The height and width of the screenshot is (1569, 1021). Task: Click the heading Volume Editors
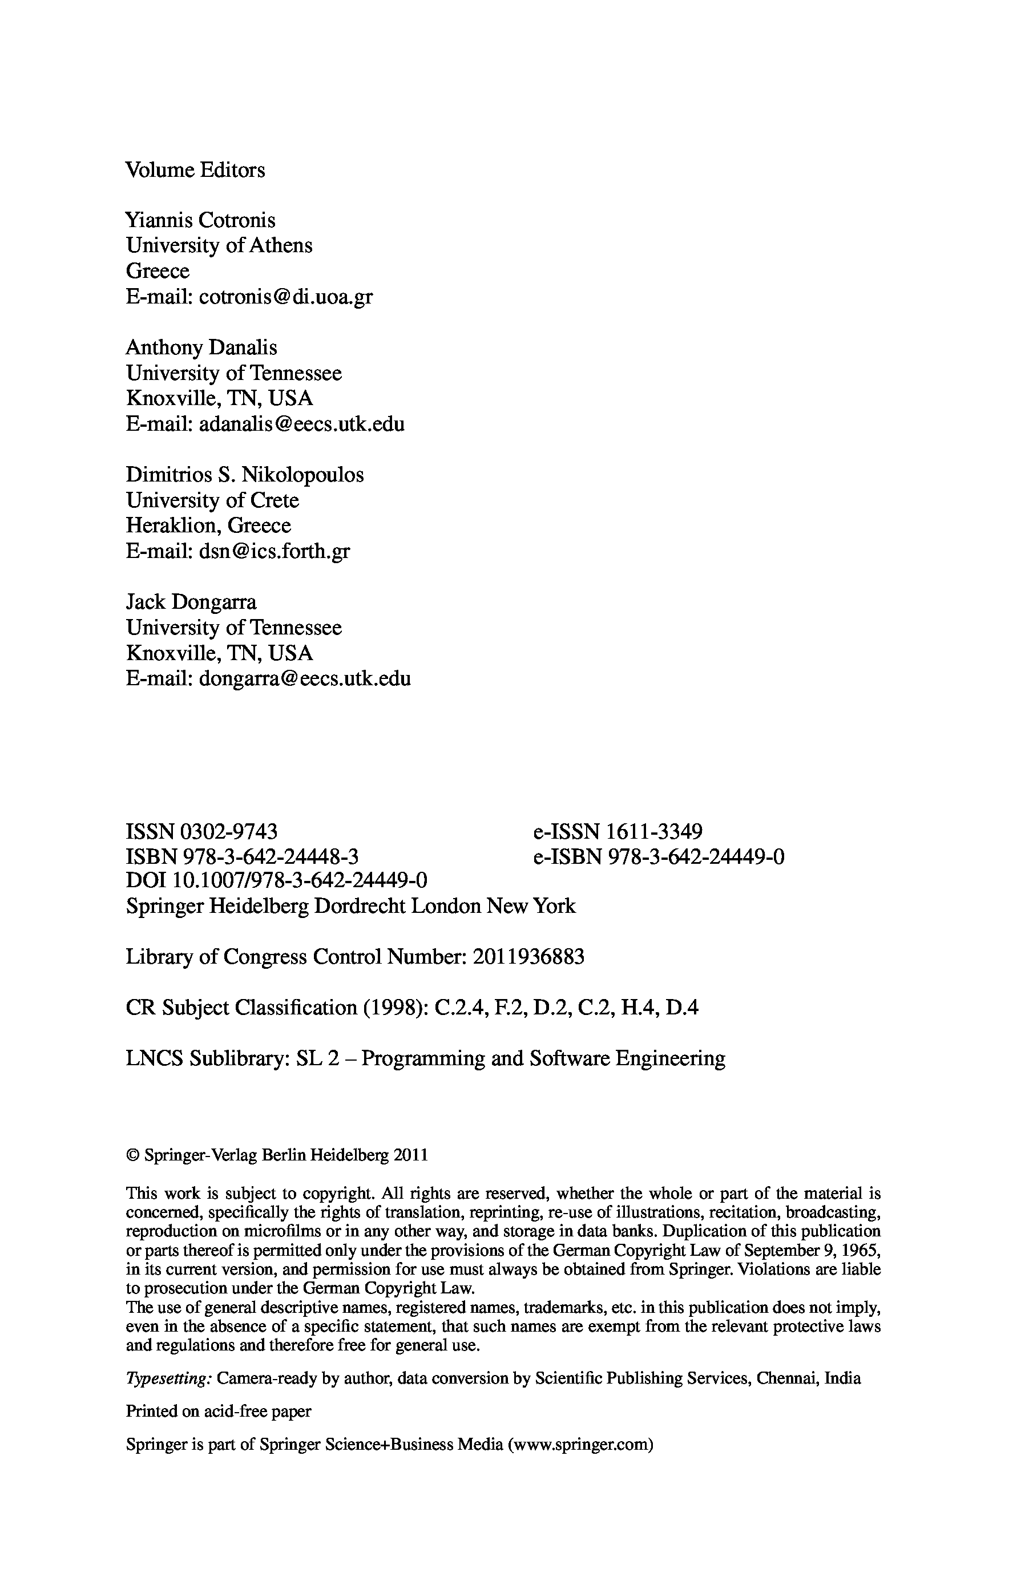click(195, 170)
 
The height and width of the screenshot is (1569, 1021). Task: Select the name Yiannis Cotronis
click(200, 220)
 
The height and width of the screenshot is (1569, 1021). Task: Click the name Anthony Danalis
click(201, 347)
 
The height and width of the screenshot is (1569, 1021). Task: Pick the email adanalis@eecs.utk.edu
click(301, 424)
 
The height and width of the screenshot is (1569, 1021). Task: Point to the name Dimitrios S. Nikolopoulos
click(245, 475)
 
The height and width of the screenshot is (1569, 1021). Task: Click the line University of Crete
click(212, 500)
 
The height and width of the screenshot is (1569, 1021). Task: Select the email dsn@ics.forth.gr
click(275, 551)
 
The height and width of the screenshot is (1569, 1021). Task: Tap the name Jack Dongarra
click(191, 602)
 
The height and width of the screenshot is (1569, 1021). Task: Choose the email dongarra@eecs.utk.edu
click(305, 678)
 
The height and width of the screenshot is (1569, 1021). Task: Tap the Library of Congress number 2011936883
click(528, 957)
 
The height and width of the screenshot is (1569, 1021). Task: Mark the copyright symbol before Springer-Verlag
click(132, 1155)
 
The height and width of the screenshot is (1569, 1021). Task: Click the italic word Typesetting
click(168, 1378)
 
